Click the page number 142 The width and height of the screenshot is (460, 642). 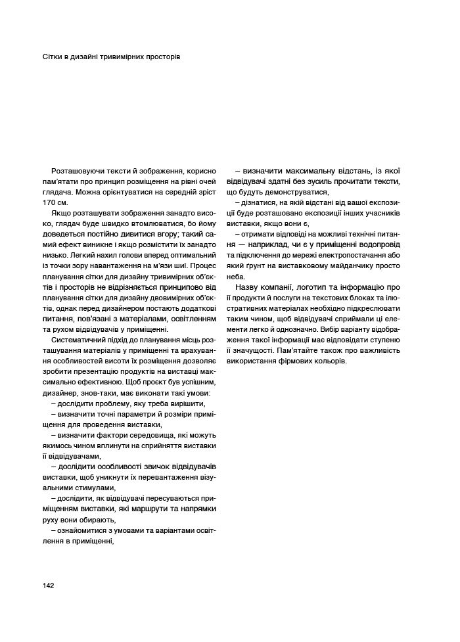48,585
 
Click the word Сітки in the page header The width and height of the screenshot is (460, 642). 53,57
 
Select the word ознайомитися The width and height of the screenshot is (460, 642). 83,530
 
